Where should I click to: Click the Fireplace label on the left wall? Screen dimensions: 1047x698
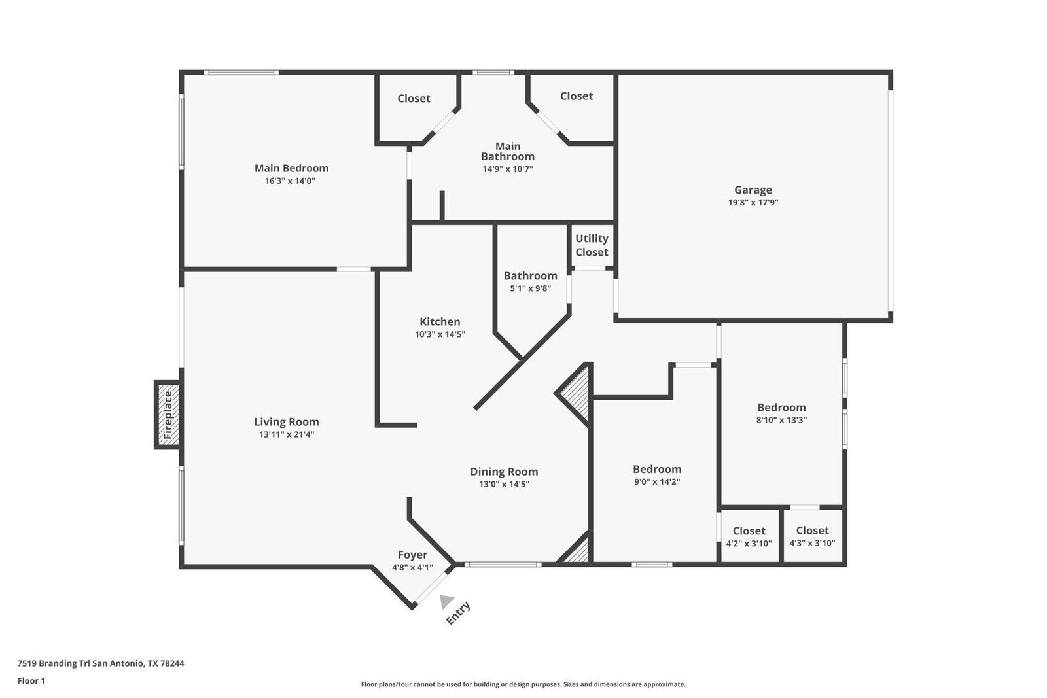click(168, 415)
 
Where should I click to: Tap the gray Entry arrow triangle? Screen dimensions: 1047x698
click(446, 601)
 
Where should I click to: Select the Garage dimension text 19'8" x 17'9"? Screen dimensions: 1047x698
click(753, 203)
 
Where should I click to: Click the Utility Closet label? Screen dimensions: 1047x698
click(592, 245)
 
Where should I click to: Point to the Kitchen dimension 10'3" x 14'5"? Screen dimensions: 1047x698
click(440, 334)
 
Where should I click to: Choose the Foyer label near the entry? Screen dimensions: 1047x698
click(412, 555)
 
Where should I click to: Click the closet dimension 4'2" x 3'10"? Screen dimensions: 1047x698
click(749, 544)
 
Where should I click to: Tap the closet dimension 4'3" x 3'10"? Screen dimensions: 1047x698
click(812, 544)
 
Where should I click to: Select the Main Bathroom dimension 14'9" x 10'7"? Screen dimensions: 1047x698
click(508, 169)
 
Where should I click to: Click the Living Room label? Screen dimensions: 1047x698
click(287, 422)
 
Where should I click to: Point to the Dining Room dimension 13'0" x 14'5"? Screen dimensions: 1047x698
click(504, 485)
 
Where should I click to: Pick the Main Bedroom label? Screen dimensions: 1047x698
click(291, 168)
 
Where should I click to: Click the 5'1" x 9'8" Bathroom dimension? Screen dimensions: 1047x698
click(531, 288)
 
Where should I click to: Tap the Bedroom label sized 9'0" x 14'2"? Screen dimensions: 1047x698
click(657, 469)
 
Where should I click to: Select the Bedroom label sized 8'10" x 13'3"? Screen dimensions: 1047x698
click(781, 408)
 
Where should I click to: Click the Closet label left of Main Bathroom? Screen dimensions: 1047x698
click(414, 99)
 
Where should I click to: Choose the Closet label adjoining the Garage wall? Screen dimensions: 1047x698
click(577, 96)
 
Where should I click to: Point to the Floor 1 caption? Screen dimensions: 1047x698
click(31, 681)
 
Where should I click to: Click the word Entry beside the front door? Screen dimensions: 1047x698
click(458, 613)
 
